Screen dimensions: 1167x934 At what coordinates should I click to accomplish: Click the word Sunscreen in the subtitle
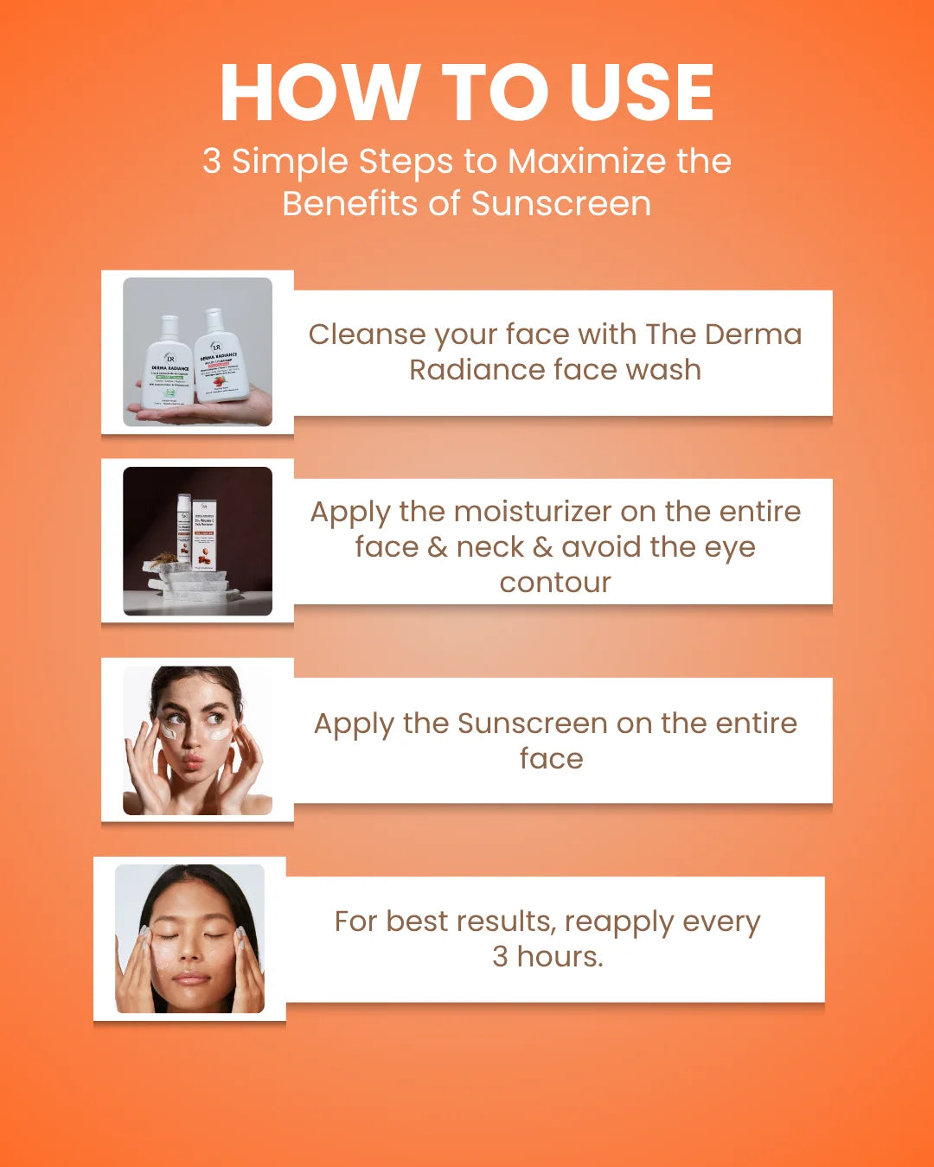pyautogui.click(x=560, y=204)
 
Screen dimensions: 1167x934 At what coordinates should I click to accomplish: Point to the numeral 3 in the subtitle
pyautogui.click(x=212, y=162)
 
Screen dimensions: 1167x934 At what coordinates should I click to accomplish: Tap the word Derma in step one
pyautogui.click(x=753, y=335)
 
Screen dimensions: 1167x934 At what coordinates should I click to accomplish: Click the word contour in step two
pyautogui.click(x=555, y=583)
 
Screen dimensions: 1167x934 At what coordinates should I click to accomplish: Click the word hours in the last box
pyautogui.click(x=560, y=957)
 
